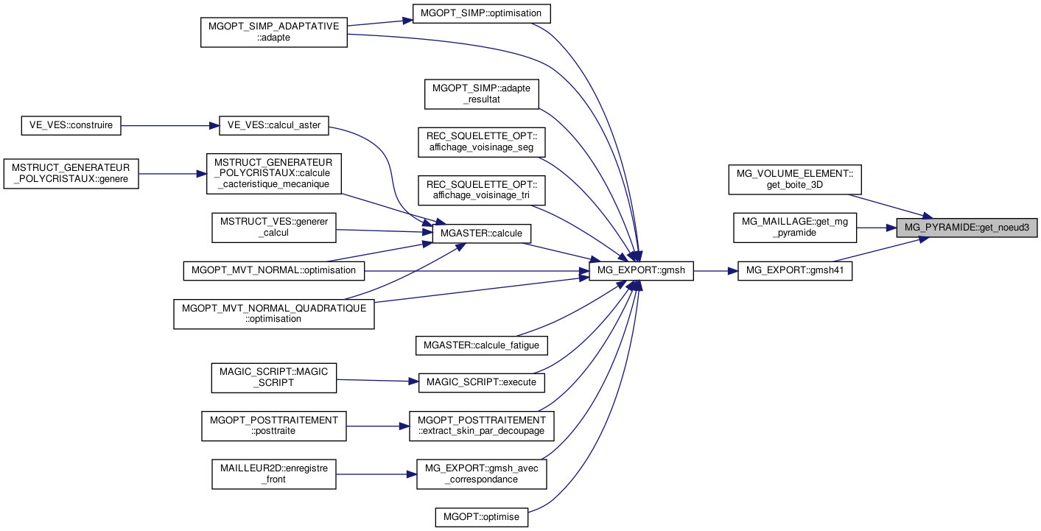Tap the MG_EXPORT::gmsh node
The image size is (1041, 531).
641,271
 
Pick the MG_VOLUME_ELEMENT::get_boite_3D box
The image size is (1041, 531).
794,179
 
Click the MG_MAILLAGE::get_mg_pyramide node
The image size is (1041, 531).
794,228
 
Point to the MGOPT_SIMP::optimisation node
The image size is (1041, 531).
482,14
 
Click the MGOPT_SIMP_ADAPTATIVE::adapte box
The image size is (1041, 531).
274,32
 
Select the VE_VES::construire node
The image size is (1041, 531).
71,125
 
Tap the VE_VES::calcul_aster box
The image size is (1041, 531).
273,125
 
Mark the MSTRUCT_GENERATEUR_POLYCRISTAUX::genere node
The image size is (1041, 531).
71,173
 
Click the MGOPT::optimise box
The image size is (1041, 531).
482,517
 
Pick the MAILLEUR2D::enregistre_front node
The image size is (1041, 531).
274,474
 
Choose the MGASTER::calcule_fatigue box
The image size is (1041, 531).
482,345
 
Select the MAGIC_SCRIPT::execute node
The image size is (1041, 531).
482,382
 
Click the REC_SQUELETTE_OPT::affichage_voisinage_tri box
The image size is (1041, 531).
482,189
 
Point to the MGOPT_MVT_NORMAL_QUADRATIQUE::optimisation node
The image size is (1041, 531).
274,313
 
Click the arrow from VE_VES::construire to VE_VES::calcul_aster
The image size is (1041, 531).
169,125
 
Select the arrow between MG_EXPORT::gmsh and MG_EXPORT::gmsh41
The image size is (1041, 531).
715,271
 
